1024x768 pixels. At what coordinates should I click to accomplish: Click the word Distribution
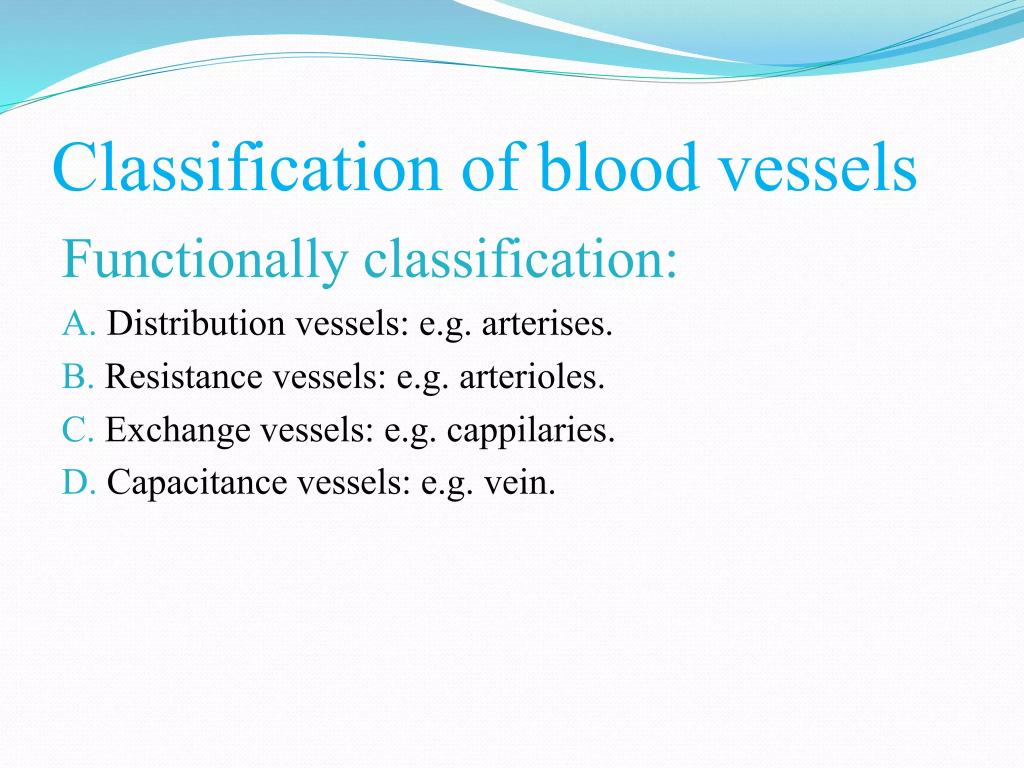pos(196,323)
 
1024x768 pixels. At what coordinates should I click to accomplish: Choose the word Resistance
pos(184,376)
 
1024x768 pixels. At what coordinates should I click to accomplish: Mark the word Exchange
pos(178,430)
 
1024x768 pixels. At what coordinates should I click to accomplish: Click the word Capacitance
pos(197,482)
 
